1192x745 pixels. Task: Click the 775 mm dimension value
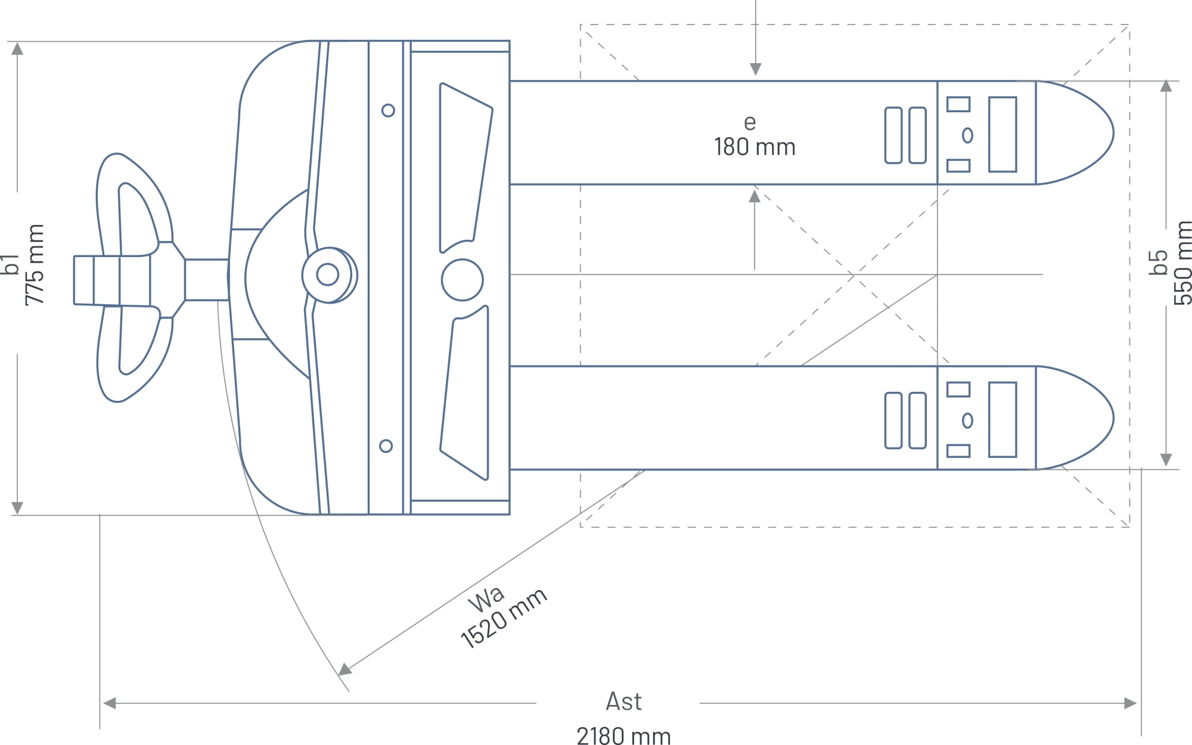click(35, 264)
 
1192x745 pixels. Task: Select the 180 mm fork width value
click(755, 147)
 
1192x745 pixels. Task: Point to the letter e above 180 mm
click(750, 123)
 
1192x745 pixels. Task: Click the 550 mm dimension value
click(1182, 262)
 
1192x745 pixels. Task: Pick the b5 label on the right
click(1157, 262)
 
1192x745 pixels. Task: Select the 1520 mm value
click(504, 618)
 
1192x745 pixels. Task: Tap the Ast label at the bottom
click(623, 701)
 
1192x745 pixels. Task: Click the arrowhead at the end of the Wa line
click(345, 669)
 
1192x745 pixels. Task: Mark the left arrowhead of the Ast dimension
click(110, 703)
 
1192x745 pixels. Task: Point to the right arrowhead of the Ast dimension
click(1130, 703)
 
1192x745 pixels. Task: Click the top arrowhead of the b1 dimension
click(17, 48)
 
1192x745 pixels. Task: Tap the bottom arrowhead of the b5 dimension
click(1166, 459)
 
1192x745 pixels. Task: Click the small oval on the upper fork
click(967, 135)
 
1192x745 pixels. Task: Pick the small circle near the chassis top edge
click(388, 110)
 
